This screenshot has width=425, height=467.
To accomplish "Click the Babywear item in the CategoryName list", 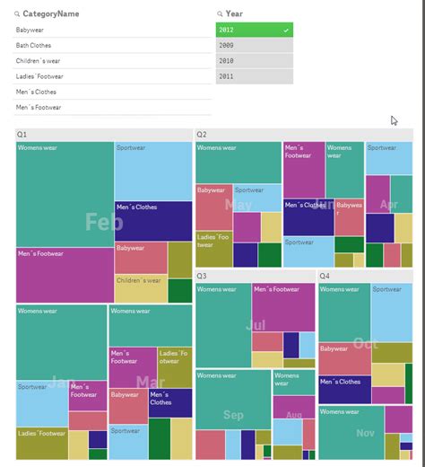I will coord(31,30).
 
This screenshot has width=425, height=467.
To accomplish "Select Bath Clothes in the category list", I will coord(34,45).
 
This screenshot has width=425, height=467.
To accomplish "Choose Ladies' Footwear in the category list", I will coord(39,76).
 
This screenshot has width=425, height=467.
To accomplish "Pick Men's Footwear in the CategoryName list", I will coord(39,108).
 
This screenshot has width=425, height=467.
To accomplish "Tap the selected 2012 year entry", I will coord(254,30).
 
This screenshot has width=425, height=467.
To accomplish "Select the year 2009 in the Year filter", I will coord(254,45).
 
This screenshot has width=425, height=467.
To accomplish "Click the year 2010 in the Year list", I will coord(254,61).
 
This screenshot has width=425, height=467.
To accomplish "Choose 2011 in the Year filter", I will coord(254,76).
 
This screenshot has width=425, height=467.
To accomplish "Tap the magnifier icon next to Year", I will coord(221,13).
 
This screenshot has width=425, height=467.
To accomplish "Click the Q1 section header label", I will coord(22,135).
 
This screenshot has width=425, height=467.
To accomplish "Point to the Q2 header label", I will coord(202,135).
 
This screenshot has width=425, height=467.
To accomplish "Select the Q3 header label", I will coord(202,277).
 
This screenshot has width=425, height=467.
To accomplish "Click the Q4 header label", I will coord(324,277).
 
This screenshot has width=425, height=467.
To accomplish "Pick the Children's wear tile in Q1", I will coord(140,287).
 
